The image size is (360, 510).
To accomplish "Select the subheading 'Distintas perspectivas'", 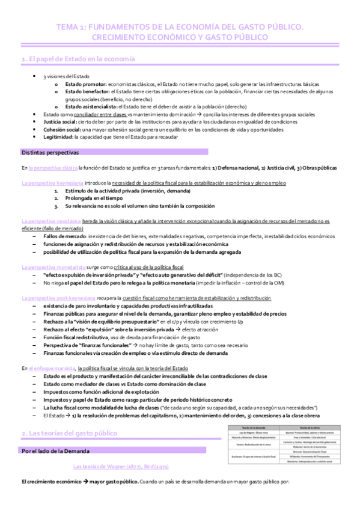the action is [46, 152].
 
